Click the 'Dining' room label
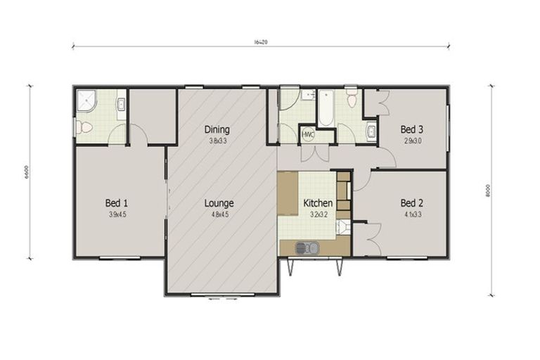217,129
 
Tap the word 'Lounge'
219,204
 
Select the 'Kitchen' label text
318,204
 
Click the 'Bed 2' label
412,204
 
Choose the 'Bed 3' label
412,129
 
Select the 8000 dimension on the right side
487,191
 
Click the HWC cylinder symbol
308,134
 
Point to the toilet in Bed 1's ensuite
83,127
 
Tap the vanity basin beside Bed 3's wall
371,130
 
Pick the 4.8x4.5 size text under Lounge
219,214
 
